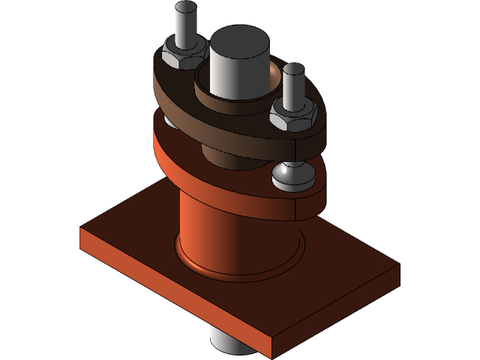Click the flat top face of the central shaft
click(238, 41)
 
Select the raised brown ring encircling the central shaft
click(225, 94)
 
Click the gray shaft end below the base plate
click(225, 342)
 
